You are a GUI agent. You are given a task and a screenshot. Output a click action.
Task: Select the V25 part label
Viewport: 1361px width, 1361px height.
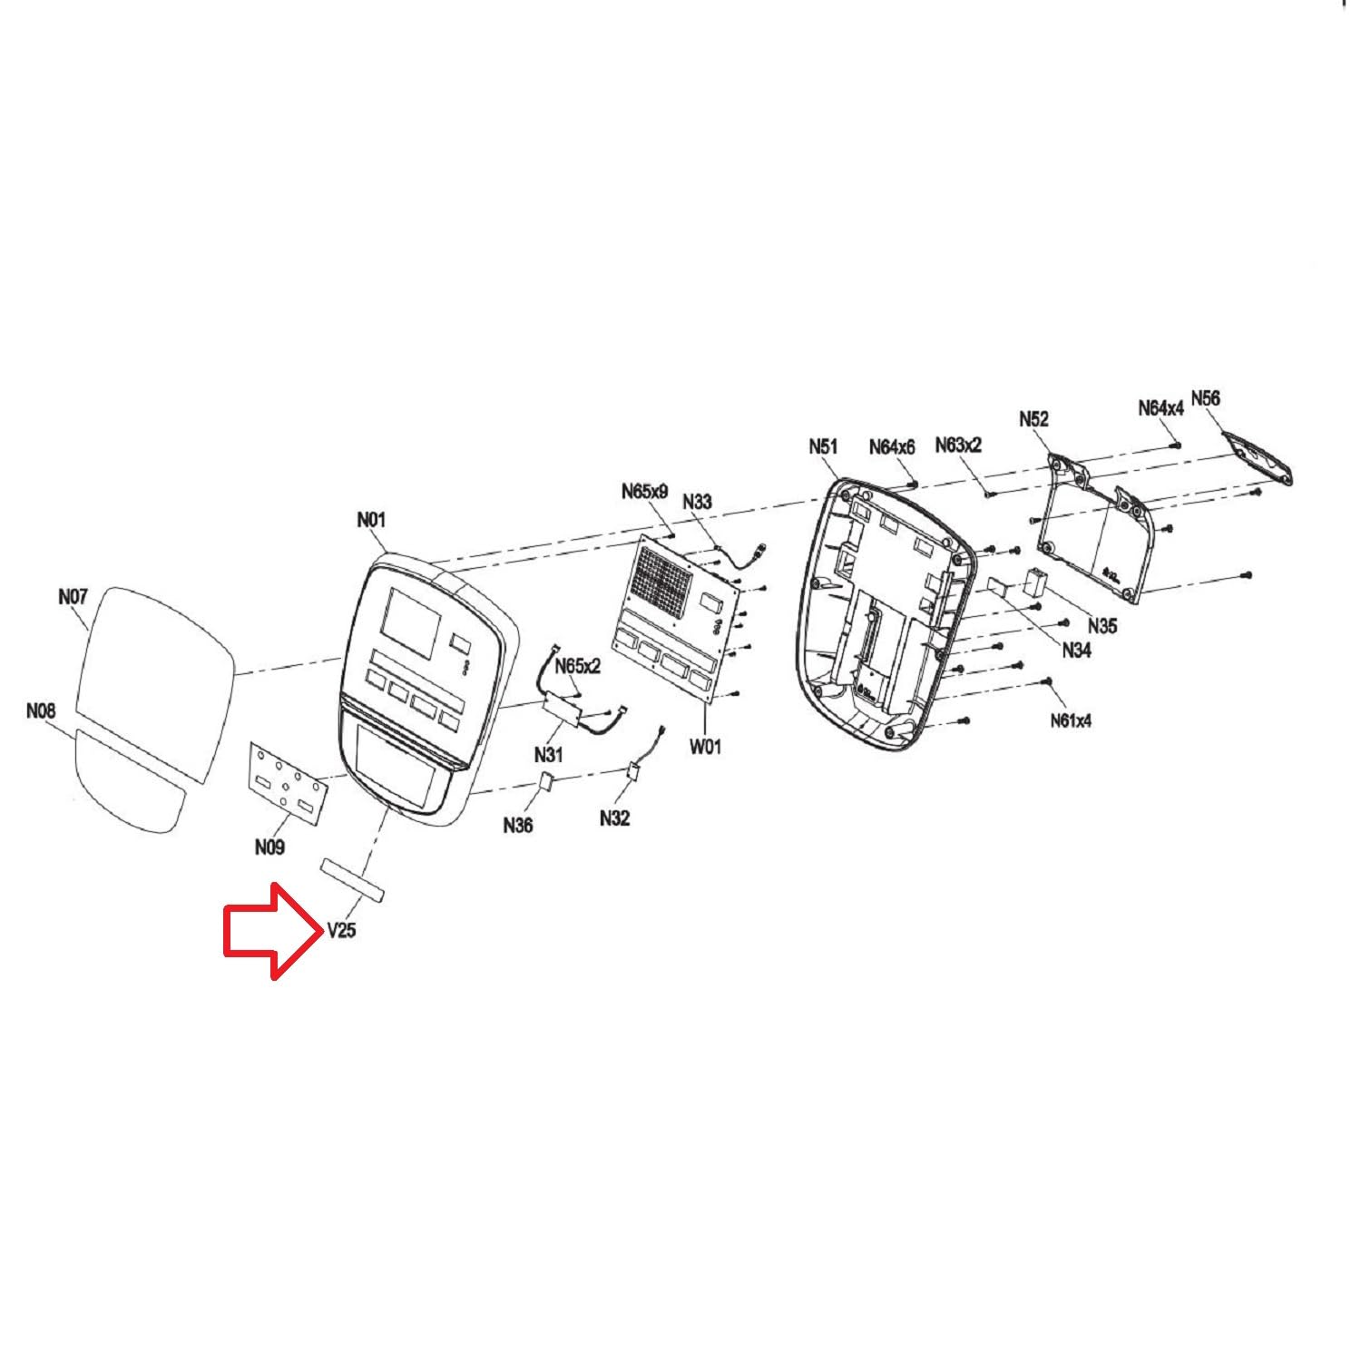click(341, 930)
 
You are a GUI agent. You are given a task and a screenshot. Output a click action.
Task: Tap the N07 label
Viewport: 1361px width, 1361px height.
click(72, 597)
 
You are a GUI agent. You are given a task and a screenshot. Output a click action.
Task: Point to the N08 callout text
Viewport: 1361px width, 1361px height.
click(41, 711)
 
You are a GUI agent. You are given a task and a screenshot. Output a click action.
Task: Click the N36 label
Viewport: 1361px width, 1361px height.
click(518, 825)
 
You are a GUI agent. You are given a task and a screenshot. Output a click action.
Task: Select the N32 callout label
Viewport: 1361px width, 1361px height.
click(614, 818)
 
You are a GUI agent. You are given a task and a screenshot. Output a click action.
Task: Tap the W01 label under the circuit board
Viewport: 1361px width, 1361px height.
click(705, 747)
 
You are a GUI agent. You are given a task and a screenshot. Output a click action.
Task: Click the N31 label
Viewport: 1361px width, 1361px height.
click(548, 754)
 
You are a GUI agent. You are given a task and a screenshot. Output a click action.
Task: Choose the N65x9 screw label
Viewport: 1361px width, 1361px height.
click(644, 492)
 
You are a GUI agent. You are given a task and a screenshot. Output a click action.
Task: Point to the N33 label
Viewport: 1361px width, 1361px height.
click(697, 502)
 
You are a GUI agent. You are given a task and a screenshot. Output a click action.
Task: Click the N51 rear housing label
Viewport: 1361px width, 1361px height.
click(823, 446)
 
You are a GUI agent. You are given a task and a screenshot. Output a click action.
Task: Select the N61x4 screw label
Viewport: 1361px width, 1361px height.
click(1071, 720)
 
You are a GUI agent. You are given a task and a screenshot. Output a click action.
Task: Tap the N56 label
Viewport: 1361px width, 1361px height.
click(1205, 398)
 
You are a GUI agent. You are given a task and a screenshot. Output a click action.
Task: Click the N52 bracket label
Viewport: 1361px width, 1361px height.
click(1033, 418)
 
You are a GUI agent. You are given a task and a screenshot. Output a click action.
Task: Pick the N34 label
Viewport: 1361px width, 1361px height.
click(1076, 650)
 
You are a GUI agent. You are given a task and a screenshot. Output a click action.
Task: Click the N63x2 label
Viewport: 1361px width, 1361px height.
click(958, 446)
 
